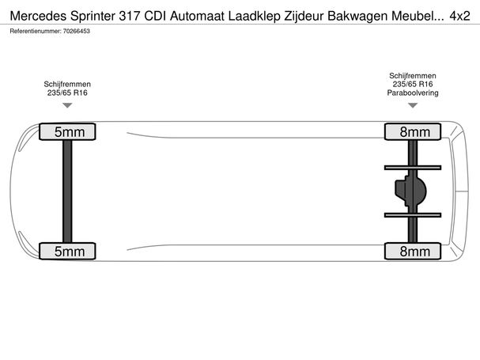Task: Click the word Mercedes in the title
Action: [38, 16]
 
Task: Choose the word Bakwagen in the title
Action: [358, 17]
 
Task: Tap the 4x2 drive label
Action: [459, 16]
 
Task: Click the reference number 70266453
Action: [76, 31]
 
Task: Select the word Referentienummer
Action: [36, 31]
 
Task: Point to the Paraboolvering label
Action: [413, 93]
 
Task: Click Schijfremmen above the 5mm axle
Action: [67, 84]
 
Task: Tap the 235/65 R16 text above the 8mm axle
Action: [413, 84]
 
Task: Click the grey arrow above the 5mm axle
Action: [67, 105]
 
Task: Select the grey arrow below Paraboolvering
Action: [413, 105]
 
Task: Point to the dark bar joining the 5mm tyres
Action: [67, 191]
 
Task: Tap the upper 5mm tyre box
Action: [67, 132]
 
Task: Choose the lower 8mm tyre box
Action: [413, 252]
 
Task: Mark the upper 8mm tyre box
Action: [413, 132]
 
